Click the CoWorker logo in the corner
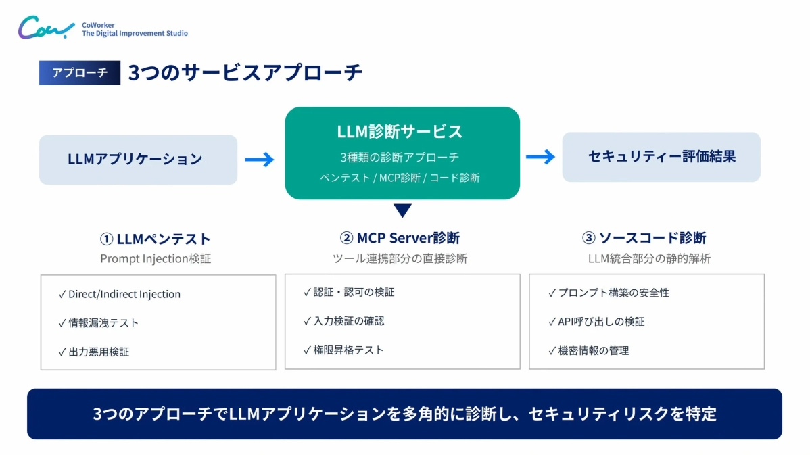[x=46, y=28]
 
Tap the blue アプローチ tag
[x=80, y=73]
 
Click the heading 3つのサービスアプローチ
[x=245, y=73]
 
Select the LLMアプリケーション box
[x=138, y=160]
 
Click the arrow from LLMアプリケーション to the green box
[x=260, y=160]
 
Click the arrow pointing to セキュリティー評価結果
[x=540, y=157]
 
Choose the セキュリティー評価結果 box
[x=661, y=157]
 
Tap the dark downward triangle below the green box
[x=402, y=210]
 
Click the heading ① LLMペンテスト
[x=156, y=239]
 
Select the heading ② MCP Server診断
[x=400, y=238]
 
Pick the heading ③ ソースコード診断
[x=644, y=238]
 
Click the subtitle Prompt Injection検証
[x=156, y=258]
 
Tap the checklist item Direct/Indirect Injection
[x=124, y=294]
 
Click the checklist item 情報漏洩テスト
[x=103, y=322]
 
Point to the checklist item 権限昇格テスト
[x=348, y=350]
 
